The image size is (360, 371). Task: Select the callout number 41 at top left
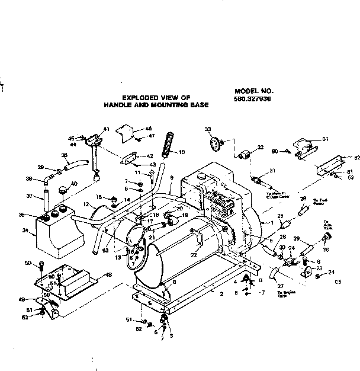coord(107,129)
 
